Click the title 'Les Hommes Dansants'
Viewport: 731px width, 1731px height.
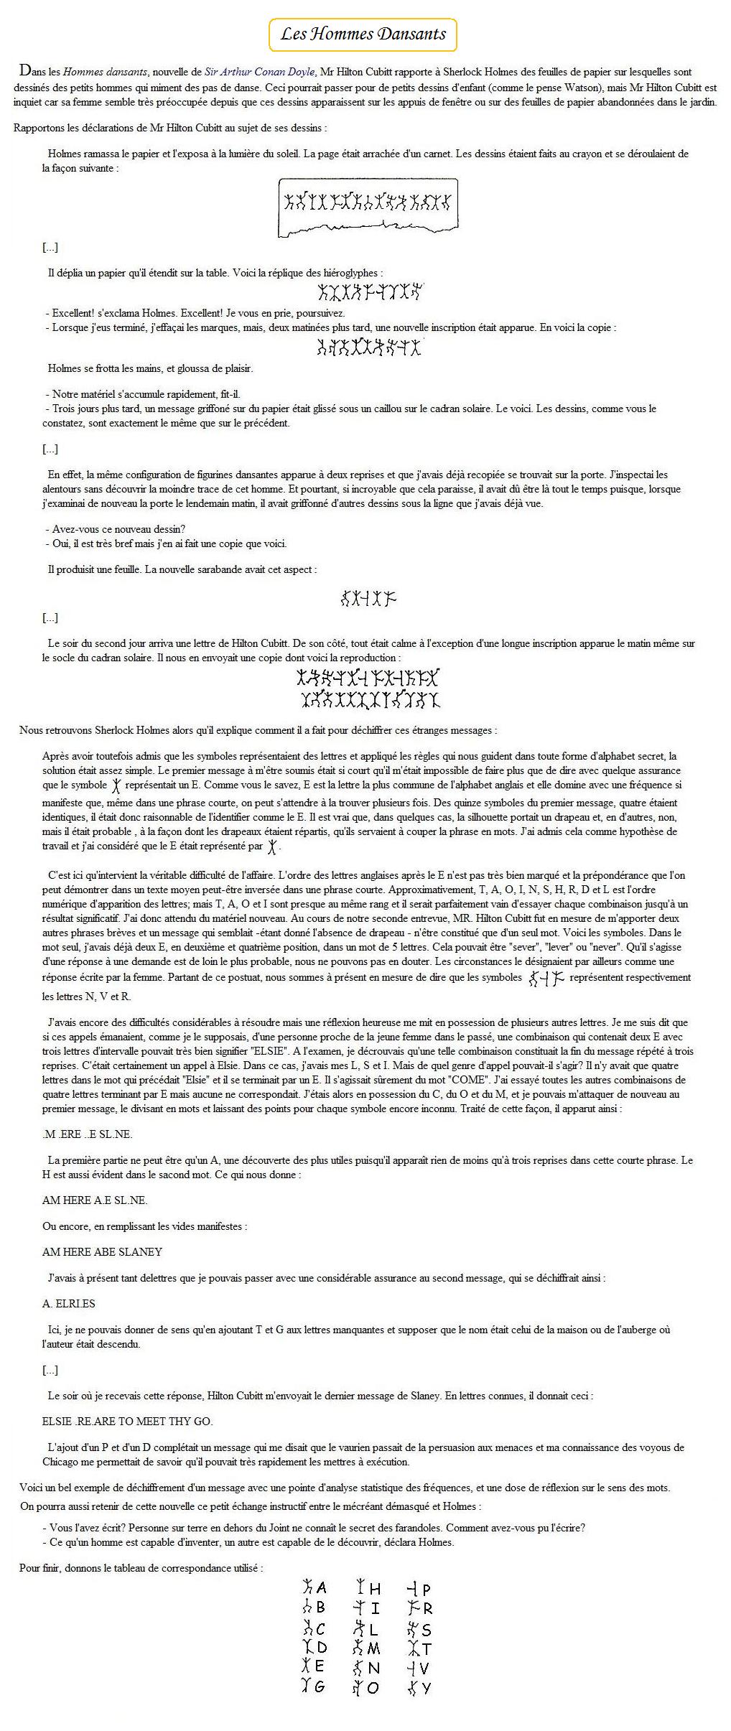[363, 34]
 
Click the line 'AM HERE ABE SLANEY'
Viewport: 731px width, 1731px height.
[102, 1251]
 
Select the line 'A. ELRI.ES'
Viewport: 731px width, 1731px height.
[69, 1303]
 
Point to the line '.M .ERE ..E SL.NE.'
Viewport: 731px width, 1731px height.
[87, 1134]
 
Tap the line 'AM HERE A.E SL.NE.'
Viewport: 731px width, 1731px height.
[95, 1200]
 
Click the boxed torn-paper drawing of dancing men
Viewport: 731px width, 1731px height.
[368, 207]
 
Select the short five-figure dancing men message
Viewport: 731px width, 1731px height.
[368, 597]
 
